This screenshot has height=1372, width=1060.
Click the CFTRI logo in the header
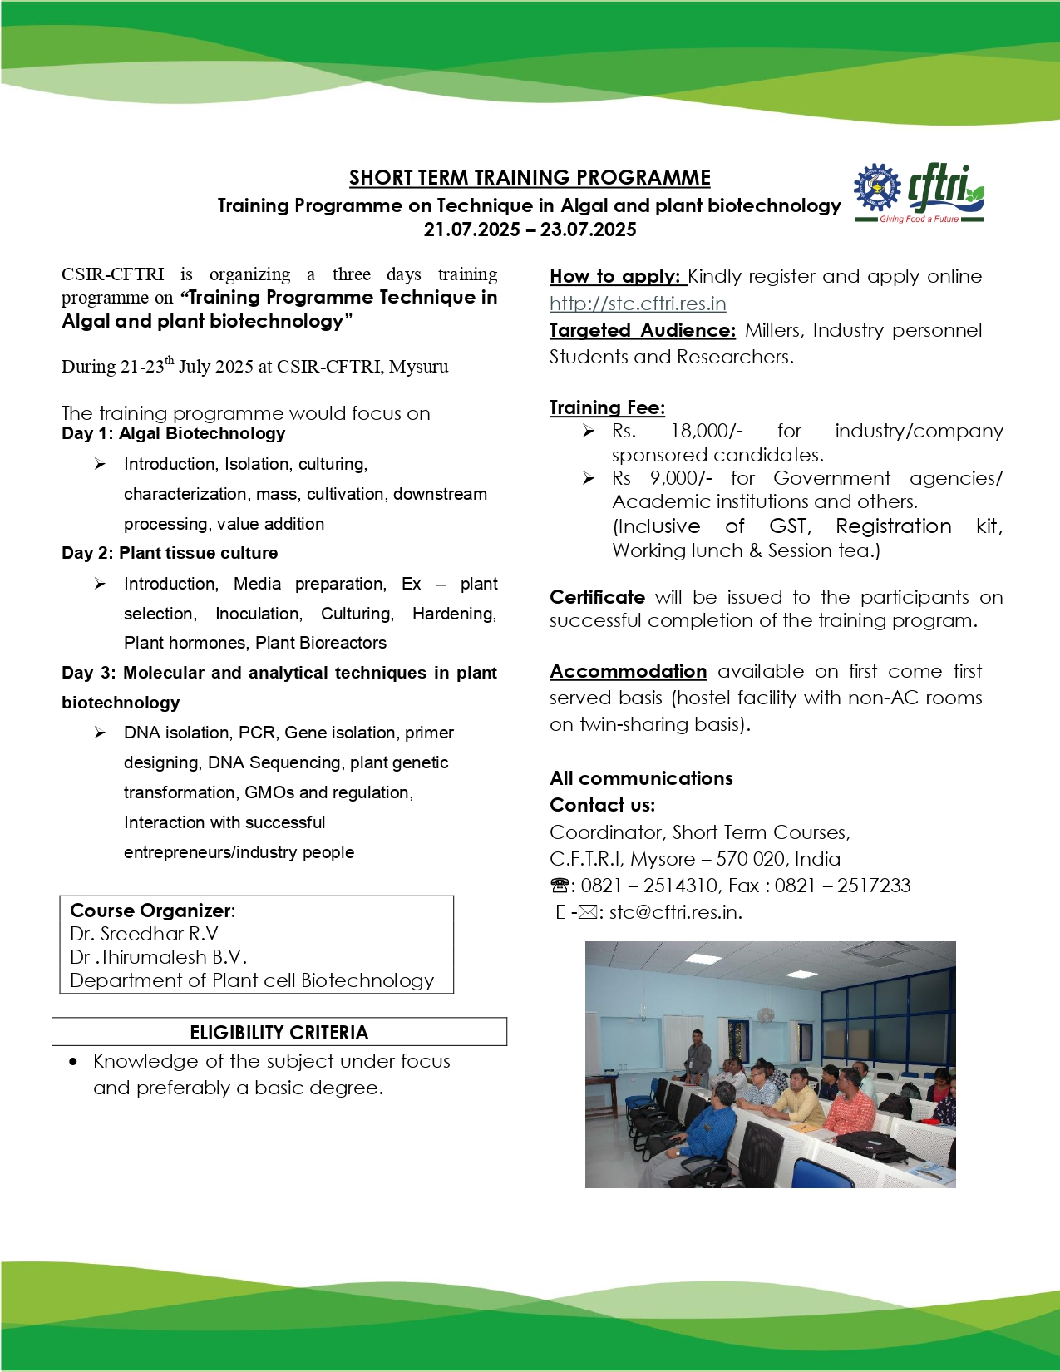tap(919, 193)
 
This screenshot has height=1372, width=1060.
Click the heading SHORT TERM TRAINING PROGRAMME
tap(530, 178)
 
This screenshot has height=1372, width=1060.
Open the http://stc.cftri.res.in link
tap(638, 304)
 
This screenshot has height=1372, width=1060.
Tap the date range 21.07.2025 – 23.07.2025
tap(530, 229)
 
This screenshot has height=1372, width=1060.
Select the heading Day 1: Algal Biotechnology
tap(173, 433)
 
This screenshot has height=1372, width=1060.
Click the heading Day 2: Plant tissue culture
tap(170, 553)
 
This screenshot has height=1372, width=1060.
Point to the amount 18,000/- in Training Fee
tap(707, 431)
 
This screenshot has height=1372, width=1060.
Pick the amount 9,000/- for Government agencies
tap(681, 478)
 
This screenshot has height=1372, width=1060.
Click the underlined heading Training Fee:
tap(607, 407)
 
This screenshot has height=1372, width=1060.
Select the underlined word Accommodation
tap(628, 671)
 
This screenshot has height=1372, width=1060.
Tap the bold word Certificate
tap(597, 597)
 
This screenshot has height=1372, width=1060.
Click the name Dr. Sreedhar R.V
tap(144, 934)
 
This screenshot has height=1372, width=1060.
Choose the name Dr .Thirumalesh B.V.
tap(158, 957)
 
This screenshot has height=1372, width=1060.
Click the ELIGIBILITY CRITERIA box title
tap(279, 1033)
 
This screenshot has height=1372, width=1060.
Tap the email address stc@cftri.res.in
tap(675, 912)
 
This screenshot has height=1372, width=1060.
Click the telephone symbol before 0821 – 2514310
tap(560, 886)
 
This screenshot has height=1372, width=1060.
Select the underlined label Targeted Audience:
tap(642, 330)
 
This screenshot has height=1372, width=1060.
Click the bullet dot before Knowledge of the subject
tap(74, 1062)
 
